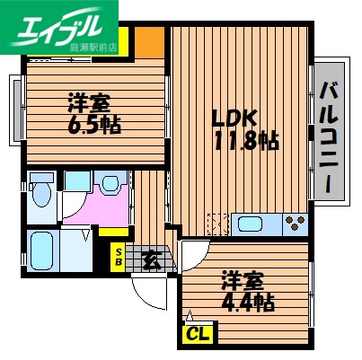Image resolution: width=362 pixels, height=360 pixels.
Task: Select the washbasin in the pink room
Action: coord(110,185)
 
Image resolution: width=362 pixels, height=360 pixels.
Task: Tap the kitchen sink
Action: coord(251,224)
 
